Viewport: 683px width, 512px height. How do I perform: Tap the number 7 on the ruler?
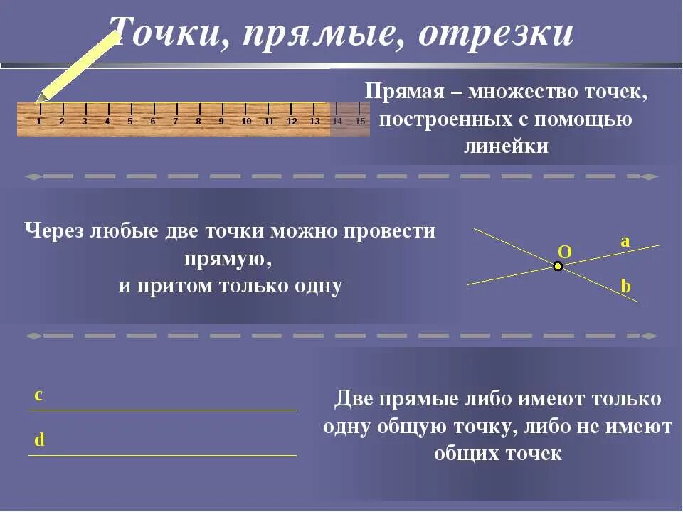point(176,122)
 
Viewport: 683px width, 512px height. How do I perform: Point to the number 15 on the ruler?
point(360,122)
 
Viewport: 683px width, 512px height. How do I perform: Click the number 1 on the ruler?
point(39,122)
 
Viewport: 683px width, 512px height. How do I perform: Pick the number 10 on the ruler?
point(246,122)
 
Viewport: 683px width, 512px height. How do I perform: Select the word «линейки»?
point(506,146)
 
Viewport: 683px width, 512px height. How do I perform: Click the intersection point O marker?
point(558,266)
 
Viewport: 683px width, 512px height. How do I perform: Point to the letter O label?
point(565,251)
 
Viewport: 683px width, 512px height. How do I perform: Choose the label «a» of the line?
point(625,241)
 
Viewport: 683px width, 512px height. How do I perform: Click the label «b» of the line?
point(625,286)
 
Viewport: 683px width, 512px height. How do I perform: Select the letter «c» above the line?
point(38,395)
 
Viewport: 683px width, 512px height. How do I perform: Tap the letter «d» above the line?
point(39,440)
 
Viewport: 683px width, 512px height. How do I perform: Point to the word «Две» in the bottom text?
point(354,399)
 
